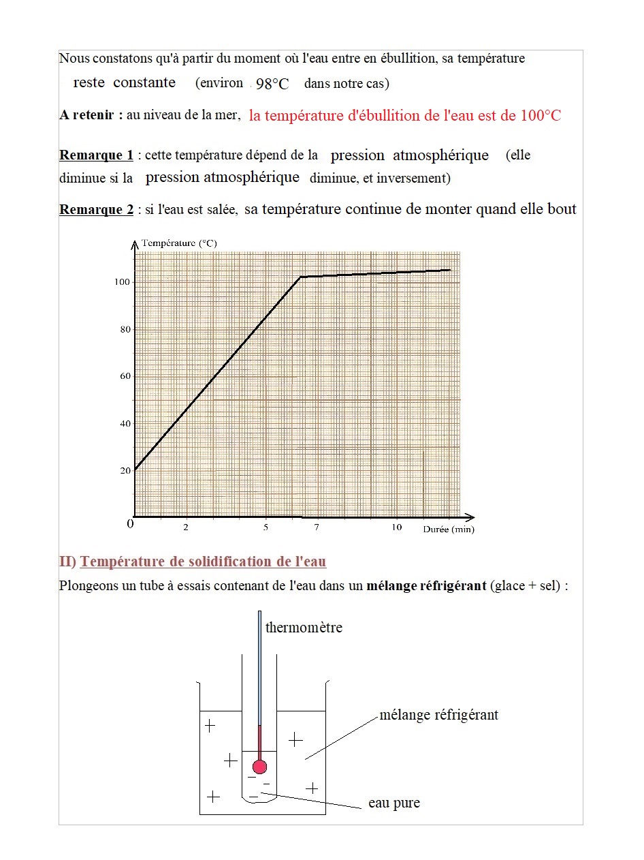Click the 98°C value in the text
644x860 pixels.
click(272, 84)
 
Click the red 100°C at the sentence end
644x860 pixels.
click(541, 116)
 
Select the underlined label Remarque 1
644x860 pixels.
click(96, 155)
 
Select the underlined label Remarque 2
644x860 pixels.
click(96, 210)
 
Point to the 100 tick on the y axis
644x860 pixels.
click(122, 282)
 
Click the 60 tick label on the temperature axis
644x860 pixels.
click(125, 376)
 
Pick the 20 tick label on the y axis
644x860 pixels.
click(125, 471)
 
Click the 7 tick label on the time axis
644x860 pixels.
click(317, 528)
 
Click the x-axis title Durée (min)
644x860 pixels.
click(449, 529)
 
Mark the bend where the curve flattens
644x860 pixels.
click(301, 277)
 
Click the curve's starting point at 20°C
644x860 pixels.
click(135, 470)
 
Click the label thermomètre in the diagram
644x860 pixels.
click(304, 628)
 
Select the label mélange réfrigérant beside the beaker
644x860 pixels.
click(438, 715)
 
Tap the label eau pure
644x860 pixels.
click(394, 803)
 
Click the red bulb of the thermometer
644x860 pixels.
click(259, 766)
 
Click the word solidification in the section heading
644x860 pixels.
click(223, 562)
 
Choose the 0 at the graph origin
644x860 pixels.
click(130, 524)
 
